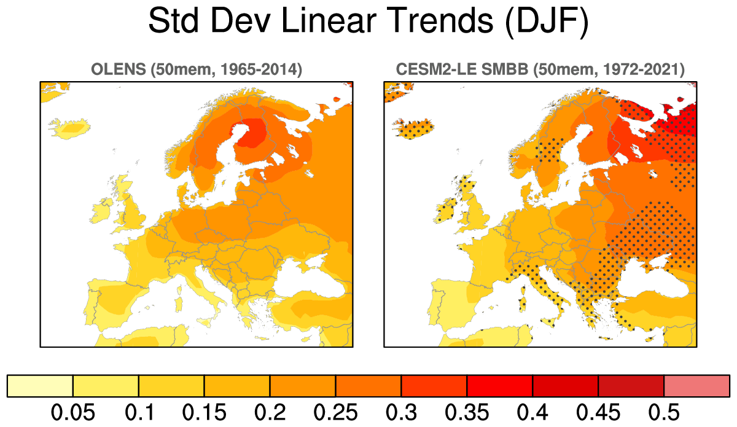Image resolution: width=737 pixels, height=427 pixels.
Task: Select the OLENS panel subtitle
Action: click(x=196, y=69)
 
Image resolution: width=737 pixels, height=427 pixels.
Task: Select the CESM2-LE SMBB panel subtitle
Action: click(x=540, y=69)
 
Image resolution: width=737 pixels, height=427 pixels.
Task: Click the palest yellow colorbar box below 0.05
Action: click(x=40, y=385)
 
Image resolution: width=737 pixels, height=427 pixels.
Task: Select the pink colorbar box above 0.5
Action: click(x=696, y=385)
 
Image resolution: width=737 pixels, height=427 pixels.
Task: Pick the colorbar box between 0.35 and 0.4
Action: click(x=499, y=385)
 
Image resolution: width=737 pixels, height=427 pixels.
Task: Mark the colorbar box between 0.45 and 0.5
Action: click(x=631, y=385)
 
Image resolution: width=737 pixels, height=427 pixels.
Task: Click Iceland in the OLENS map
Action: click(x=69, y=128)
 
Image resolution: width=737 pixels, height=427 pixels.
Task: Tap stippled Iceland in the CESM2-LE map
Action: click(x=413, y=128)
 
